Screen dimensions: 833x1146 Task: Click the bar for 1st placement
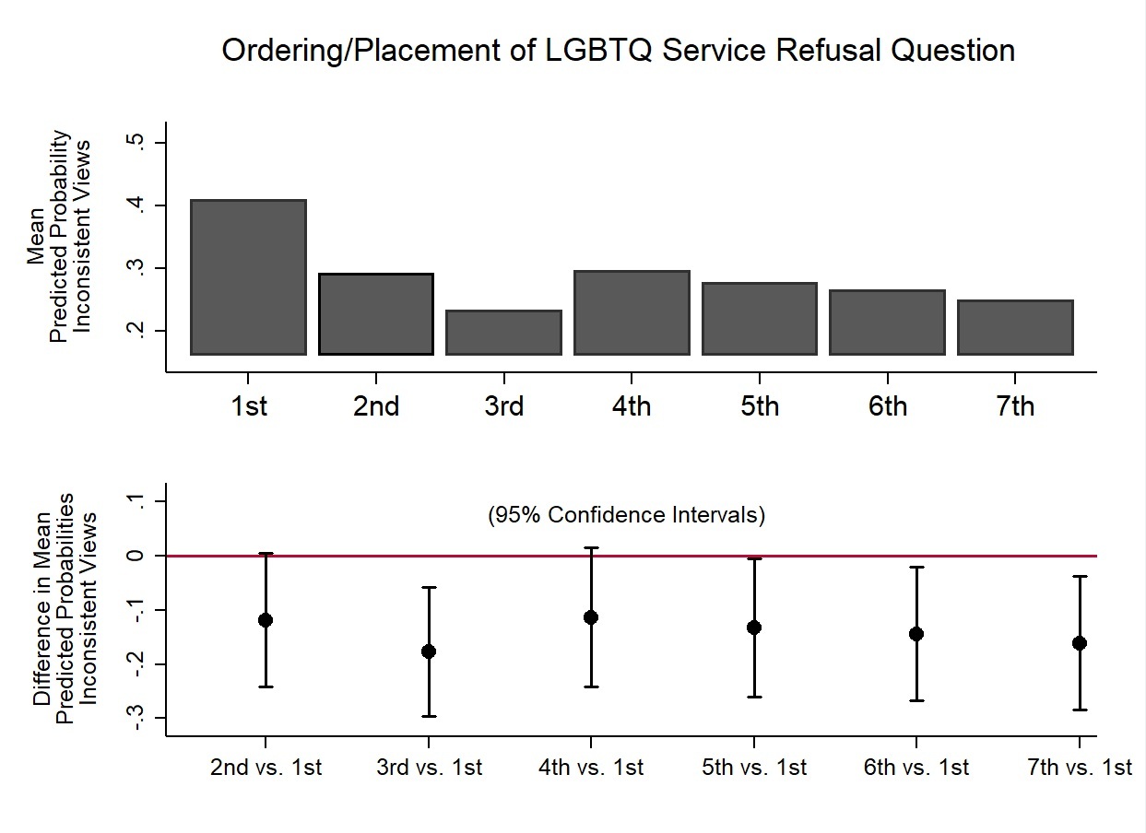pos(249,277)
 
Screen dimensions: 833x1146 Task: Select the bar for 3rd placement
pos(503,333)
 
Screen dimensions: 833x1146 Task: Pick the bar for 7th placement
pos(1015,328)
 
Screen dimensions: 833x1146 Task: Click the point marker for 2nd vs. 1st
pos(266,620)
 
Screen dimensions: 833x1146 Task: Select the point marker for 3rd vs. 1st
pos(429,651)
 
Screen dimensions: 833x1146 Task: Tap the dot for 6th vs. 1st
pos(916,634)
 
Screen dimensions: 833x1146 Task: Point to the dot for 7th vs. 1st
pos(1080,643)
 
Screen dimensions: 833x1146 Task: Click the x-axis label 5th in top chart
pos(759,406)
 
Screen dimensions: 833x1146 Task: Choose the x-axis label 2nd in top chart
pos(376,406)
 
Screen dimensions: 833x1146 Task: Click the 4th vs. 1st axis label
pos(591,768)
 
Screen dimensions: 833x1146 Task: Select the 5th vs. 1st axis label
pos(754,768)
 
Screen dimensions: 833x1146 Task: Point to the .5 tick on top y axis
pos(136,143)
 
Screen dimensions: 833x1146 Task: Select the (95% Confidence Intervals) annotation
pos(626,515)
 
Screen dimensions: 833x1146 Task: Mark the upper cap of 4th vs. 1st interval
pos(591,548)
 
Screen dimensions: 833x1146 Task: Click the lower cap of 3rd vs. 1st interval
pos(429,716)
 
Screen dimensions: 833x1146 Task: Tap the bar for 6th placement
pos(887,323)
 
